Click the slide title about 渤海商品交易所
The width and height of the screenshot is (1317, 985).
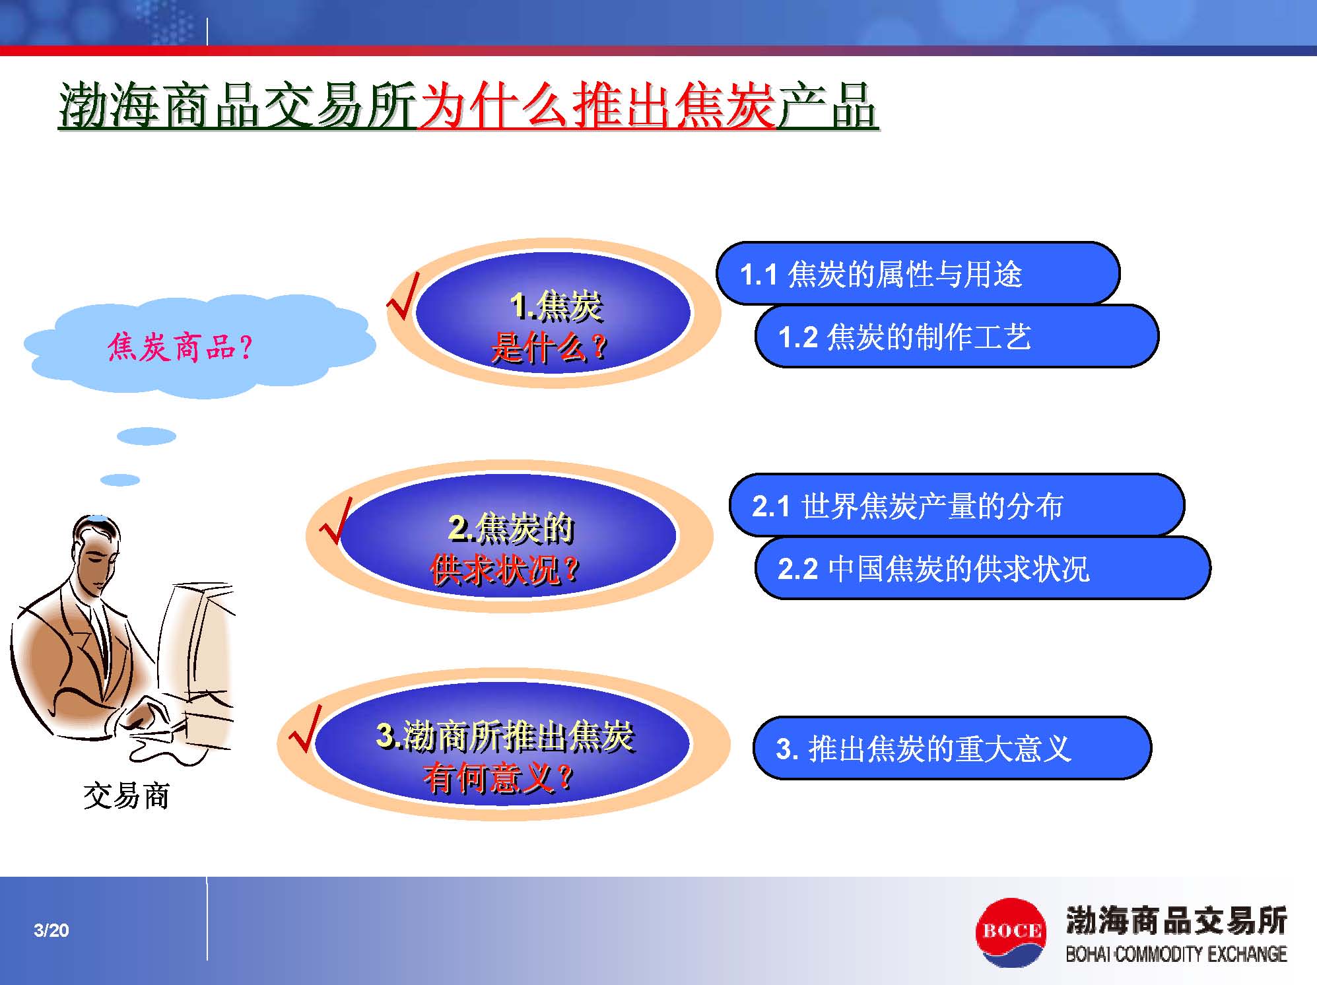(468, 106)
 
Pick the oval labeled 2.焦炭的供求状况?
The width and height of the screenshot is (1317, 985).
(509, 536)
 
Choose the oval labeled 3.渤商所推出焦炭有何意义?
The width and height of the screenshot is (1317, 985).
(503, 745)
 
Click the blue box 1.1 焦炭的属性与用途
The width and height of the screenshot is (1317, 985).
(918, 273)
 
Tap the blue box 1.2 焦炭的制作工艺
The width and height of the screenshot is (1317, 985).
(957, 336)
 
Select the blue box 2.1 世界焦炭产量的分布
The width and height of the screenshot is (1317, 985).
(957, 505)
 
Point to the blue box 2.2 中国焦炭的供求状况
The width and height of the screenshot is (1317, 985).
(982, 568)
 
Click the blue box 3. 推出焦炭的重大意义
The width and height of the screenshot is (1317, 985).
(952, 748)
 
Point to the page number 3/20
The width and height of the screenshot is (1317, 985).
(51, 930)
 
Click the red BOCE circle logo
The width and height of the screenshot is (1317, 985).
(1010, 932)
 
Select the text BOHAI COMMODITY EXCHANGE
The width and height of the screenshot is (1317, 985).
(1176, 954)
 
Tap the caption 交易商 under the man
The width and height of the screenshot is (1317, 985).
(127, 796)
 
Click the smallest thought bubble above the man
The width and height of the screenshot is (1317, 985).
(120, 480)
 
